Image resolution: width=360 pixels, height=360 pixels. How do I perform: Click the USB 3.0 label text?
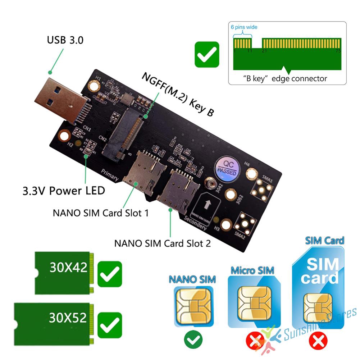tap(65, 40)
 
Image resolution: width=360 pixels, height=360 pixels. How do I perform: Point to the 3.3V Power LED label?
tap(64, 190)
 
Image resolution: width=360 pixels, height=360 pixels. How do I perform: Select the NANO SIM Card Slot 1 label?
tap(101, 213)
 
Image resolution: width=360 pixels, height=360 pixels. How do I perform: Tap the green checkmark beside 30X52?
tap(110, 325)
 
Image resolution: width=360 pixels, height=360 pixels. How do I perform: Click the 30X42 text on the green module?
tap(68, 268)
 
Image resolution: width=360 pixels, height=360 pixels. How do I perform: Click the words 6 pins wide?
tap(244, 27)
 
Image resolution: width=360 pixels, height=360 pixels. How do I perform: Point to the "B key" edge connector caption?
tap(284, 78)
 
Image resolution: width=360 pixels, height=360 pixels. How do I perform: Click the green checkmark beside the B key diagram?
tap(207, 54)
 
